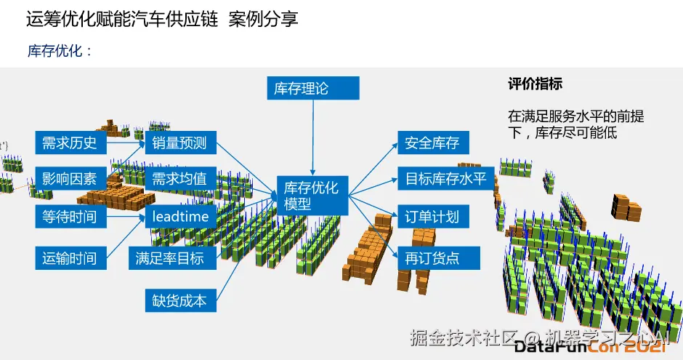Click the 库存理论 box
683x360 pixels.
(x=313, y=89)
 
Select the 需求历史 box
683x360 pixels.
(x=70, y=143)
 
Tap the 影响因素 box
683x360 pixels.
(x=70, y=179)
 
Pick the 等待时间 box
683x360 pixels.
(x=70, y=217)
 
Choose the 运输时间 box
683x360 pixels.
(x=70, y=257)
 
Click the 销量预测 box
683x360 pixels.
(x=179, y=143)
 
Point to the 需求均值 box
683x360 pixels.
(x=179, y=179)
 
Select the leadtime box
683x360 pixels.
(x=179, y=217)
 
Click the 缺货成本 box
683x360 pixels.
(x=179, y=300)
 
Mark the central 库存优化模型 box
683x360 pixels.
(x=312, y=196)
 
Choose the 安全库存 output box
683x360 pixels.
(x=433, y=143)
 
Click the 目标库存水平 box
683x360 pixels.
(x=445, y=178)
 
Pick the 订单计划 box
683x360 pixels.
(x=433, y=217)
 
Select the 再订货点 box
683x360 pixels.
(x=433, y=257)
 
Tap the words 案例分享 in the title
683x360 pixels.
(x=263, y=20)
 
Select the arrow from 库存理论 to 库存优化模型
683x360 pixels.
(x=312, y=135)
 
